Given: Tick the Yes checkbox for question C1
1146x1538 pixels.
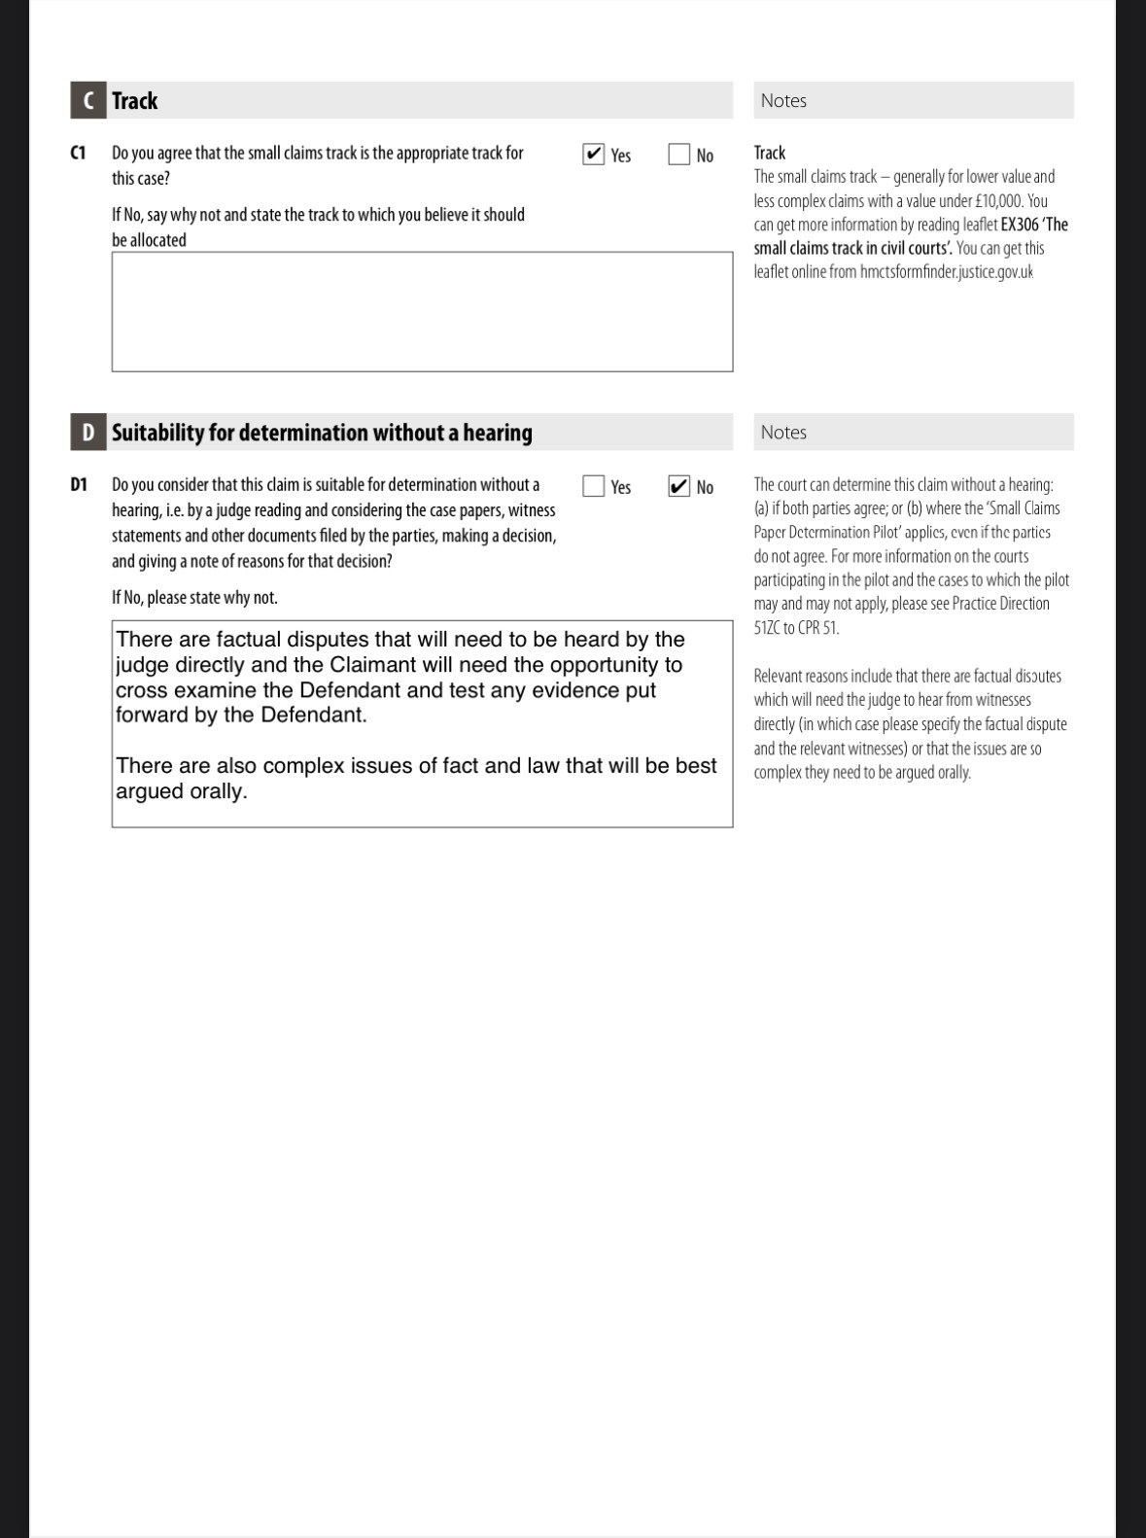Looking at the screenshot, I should point(594,155).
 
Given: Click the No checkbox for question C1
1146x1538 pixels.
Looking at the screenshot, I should point(678,155).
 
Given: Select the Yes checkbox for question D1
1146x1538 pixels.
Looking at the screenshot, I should point(594,486).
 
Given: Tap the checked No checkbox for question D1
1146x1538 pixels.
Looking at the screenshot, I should point(678,486).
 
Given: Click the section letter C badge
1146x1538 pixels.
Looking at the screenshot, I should point(88,101).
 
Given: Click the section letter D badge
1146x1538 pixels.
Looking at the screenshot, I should point(88,433).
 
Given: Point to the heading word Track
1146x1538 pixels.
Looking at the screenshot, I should point(134,101).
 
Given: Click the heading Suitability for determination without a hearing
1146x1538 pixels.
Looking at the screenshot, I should point(322,433).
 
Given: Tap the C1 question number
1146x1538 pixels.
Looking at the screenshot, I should point(78,154).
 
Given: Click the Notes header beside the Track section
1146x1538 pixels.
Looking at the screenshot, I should point(783,101).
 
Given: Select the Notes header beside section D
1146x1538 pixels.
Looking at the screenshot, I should point(783,433).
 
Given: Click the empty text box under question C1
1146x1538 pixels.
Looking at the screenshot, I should point(422,312).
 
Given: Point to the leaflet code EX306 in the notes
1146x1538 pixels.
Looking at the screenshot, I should point(1019,225).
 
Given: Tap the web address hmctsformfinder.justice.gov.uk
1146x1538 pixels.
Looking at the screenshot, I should point(946,272).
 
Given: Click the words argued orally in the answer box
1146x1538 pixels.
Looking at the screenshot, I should point(182,791).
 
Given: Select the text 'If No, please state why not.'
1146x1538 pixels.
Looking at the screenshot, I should point(194,598).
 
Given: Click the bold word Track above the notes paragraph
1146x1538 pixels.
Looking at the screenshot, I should point(770,154).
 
